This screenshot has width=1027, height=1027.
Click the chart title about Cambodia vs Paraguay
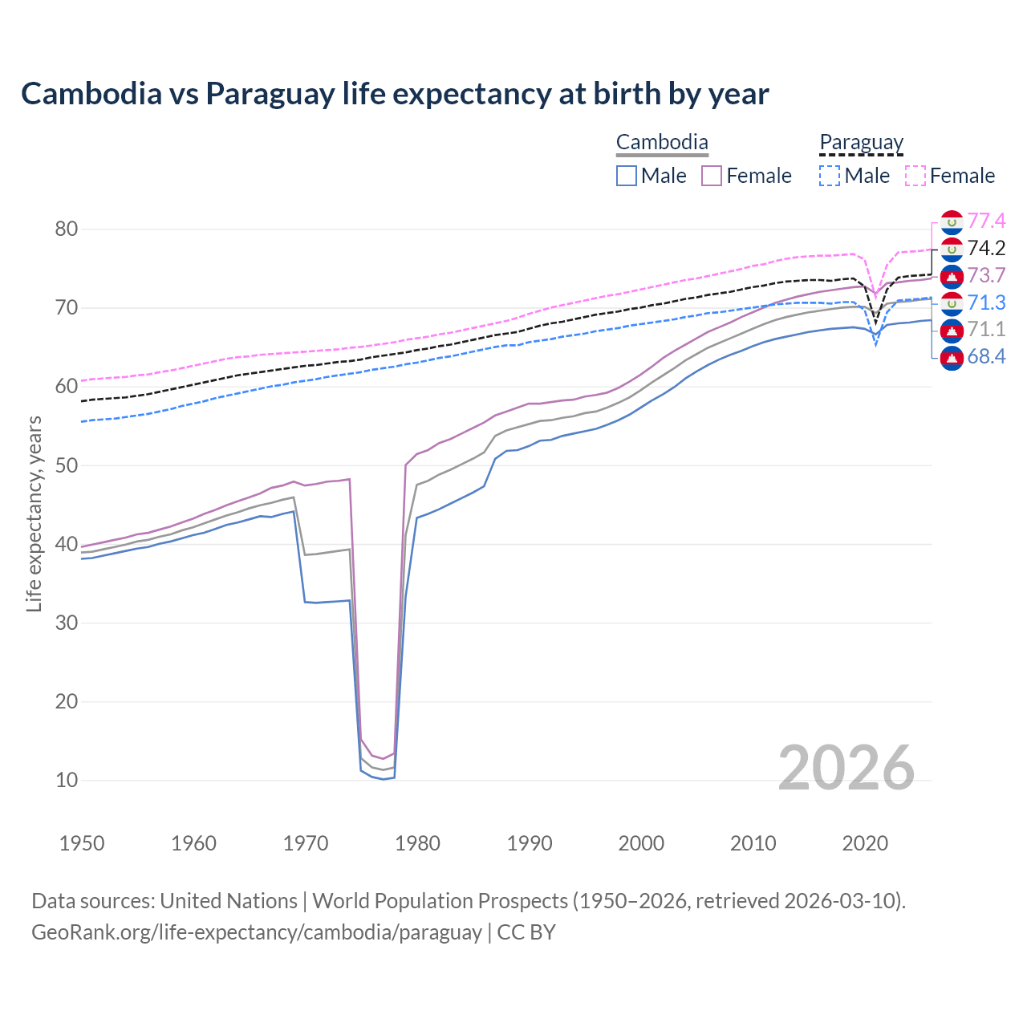(395, 94)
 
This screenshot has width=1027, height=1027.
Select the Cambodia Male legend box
(627, 176)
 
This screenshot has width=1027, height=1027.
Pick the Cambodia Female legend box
(712, 176)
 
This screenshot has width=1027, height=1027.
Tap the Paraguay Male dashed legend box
(830, 176)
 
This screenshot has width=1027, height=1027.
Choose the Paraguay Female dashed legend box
(915, 176)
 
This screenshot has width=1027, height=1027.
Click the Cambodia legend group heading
(662, 143)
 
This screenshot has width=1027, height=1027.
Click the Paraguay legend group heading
(862, 143)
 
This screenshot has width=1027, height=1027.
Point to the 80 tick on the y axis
(67, 229)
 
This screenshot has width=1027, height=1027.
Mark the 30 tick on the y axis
(67, 623)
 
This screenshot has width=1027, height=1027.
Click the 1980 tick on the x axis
(418, 843)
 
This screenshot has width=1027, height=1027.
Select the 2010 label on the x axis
(753, 843)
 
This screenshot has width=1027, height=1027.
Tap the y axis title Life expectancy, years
(34, 513)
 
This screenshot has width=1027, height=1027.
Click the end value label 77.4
(986, 221)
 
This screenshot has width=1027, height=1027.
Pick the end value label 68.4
(986, 356)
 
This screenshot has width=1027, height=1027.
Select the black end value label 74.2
(986, 248)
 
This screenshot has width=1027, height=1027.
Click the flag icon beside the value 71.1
(952, 330)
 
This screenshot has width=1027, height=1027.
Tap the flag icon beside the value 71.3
(952, 303)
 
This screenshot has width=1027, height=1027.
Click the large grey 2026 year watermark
(846, 768)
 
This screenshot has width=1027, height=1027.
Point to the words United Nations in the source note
(229, 901)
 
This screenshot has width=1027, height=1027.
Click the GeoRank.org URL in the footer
(257, 932)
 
